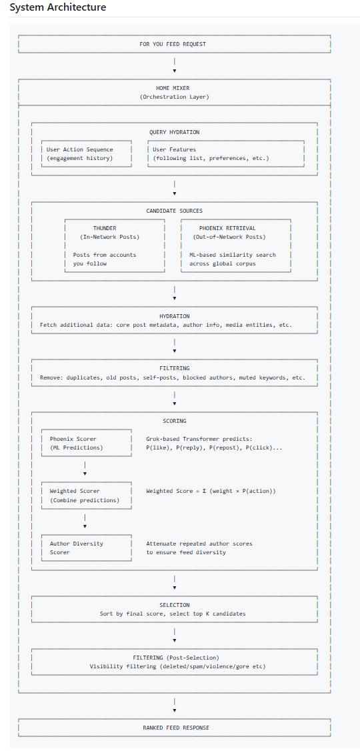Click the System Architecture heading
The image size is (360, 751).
click(58, 7)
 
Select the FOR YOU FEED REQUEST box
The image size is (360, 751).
click(174, 44)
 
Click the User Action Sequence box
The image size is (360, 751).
click(87, 154)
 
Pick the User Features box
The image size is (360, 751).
click(226, 154)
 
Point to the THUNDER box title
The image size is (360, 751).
click(105, 229)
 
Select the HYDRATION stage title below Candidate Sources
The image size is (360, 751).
click(174, 316)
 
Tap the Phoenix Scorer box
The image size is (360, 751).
click(87, 443)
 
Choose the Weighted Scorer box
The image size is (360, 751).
click(87, 496)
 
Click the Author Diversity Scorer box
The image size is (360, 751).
click(87, 548)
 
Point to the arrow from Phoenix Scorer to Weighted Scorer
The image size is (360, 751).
click(85, 469)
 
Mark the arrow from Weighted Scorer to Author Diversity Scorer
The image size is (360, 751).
click(85, 522)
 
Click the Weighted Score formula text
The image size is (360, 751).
click(211, 492)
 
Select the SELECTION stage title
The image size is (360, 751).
click(174, 605)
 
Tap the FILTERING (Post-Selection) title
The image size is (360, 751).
click(174, 658)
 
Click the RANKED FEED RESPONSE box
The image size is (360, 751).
click(174, 728)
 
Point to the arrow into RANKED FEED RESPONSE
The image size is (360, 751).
click(175, 706)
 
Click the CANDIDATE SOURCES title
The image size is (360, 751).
click(174, 211)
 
